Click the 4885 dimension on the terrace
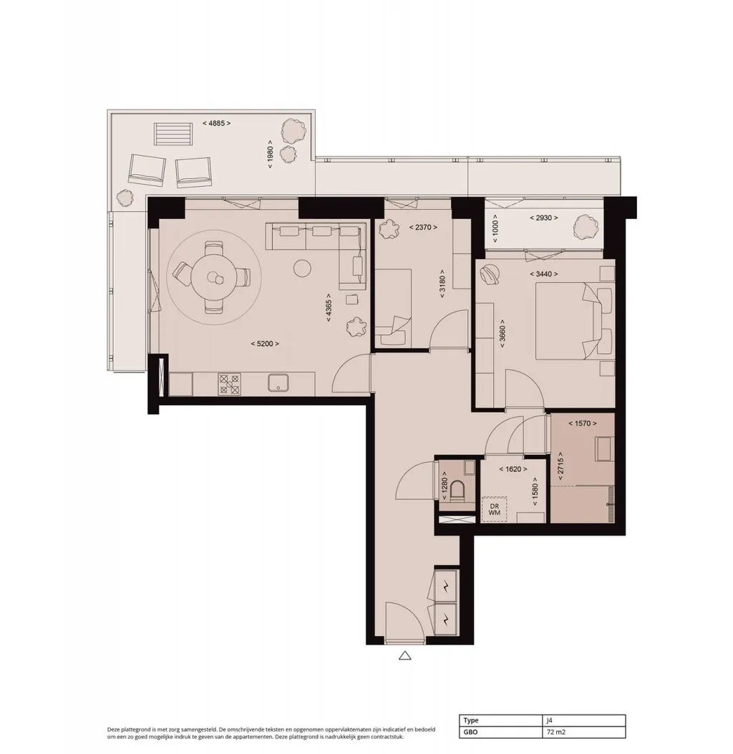coord(216,123)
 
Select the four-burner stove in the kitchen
coord(229,385)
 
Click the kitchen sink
coord(278,383)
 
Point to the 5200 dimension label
coord(265,344)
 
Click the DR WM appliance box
coord(494,509)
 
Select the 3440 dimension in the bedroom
coord(543,274)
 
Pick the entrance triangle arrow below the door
coord(404,655)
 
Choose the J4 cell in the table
coord(549,720)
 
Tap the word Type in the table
coord(471,720)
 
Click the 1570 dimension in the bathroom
coord(582,424)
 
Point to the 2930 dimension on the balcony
coord(543,218)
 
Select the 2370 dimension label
coord(423,228)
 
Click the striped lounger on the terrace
coord(173,134)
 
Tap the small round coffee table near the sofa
coord(302,268)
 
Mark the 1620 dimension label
coord(513,469)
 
